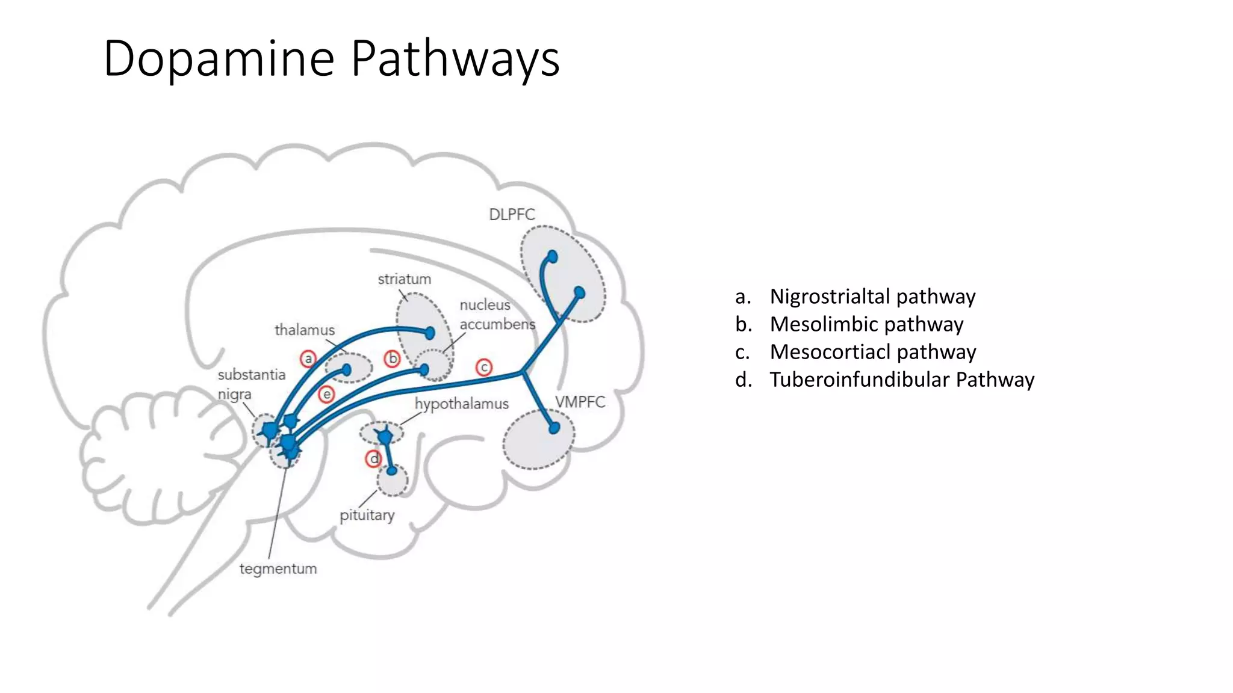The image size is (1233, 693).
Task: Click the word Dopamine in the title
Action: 219,58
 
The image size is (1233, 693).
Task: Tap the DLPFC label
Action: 512,215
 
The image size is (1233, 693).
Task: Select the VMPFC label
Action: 580,402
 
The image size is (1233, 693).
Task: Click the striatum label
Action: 405,279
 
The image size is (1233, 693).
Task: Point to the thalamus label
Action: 305,330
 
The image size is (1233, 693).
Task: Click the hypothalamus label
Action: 462,404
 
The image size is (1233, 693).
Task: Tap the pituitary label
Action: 367,516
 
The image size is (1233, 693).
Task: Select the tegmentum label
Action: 278,569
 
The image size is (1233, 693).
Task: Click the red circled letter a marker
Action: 308,359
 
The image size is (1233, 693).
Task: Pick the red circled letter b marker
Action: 393,359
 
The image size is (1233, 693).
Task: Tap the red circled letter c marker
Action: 484,367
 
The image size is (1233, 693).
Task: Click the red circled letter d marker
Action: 374,459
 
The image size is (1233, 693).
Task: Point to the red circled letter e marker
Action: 326,395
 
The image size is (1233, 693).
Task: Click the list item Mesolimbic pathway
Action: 866,324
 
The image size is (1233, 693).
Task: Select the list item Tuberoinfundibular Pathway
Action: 902,380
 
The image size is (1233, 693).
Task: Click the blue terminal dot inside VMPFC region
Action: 554,428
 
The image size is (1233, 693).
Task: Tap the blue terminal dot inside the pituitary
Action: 392,470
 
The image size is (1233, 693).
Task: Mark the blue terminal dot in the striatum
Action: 430,333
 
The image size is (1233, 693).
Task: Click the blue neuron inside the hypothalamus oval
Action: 384,436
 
